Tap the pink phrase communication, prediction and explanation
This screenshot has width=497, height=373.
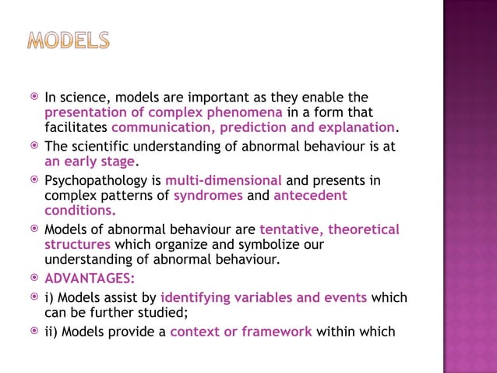253,128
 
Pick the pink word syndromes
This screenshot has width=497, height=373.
208,196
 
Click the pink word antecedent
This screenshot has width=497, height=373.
310,196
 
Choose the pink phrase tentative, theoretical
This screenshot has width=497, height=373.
329,229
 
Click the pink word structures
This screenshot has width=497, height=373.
76,244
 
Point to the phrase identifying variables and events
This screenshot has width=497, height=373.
264,297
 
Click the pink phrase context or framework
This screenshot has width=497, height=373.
241,332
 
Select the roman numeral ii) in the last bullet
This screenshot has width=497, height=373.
52,332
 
